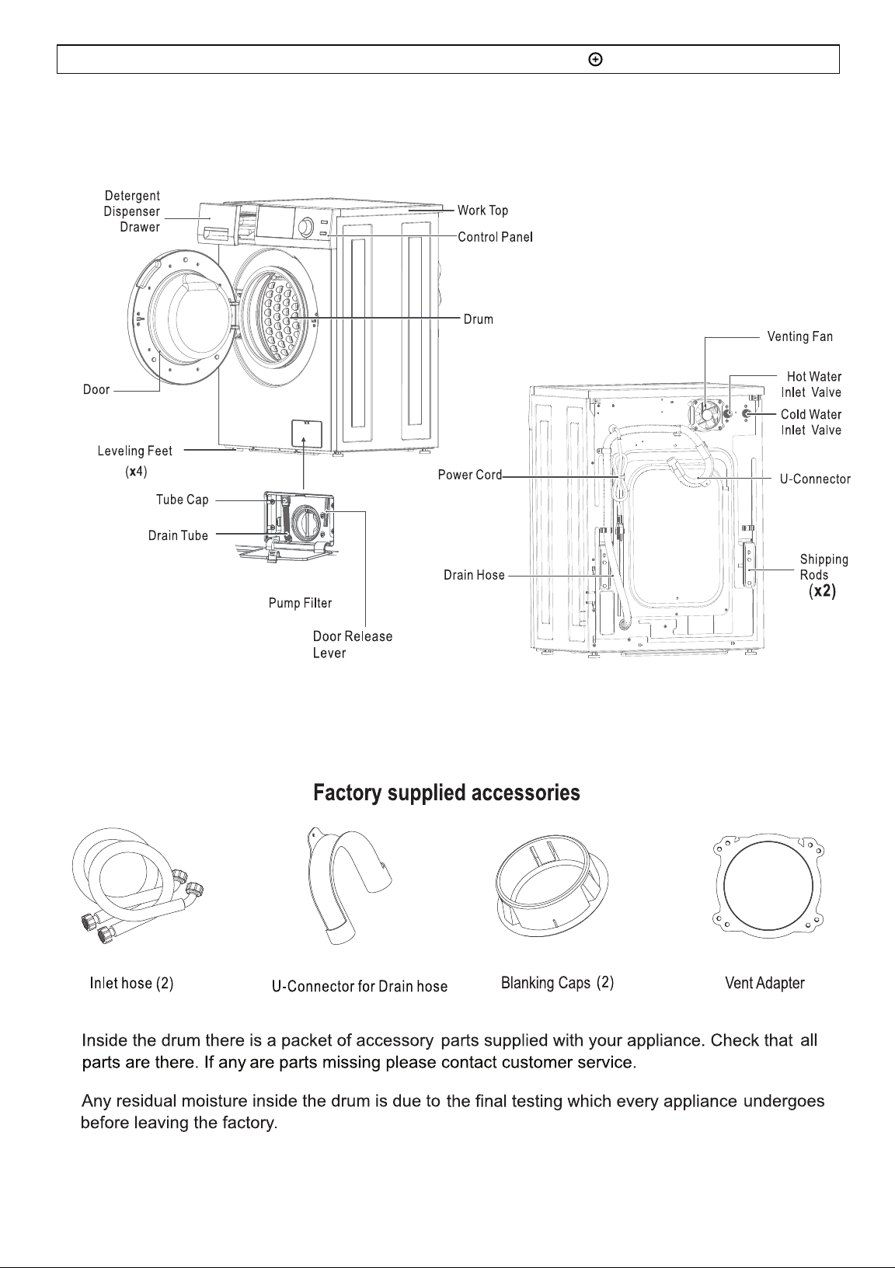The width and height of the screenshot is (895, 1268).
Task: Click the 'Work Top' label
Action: [x=482, y=211]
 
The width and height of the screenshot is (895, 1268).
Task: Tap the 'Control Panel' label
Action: [x=495, y=237]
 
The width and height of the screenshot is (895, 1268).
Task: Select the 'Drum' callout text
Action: [x=479, y=319]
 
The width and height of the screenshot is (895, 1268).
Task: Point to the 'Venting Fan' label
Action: [x=800, y=336]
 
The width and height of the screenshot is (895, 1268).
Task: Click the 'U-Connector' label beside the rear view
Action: [x=815, y=479]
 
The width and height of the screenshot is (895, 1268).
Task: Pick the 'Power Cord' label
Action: [x=470, y=475]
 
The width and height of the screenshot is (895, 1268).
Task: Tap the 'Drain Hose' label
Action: [x=474, y=575]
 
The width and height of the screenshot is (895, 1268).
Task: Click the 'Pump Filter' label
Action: [x=300, y=603]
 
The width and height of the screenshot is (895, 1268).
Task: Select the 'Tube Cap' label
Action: [x=183, y=500]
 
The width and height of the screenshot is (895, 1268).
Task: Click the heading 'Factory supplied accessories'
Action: [x=447, y=793]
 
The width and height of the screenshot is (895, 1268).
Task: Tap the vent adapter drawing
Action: [x=768, y=886]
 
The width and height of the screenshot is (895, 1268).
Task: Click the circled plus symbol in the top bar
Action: [x=596, y=59]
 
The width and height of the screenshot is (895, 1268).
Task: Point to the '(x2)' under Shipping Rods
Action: [x=822, y=591]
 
